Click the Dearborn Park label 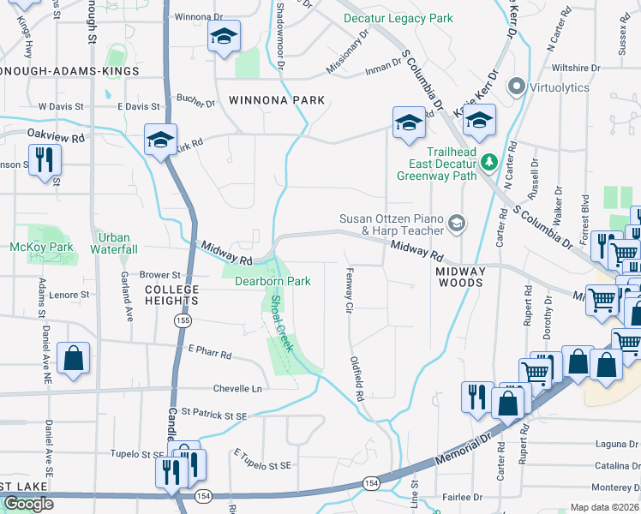tap(272, 281)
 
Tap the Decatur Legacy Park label tap(398, 18)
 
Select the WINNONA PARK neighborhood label tap(277, 100)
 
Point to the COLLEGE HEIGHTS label tap(171, 295)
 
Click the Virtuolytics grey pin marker tap(517, 87)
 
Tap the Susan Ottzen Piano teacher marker tap(457, 224)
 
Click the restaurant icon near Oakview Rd tap(44, 159)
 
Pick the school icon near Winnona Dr tap(224, 36)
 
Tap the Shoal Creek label tap(282, 324)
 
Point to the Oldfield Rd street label tap(356, 380)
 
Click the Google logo tap(28, 504)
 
